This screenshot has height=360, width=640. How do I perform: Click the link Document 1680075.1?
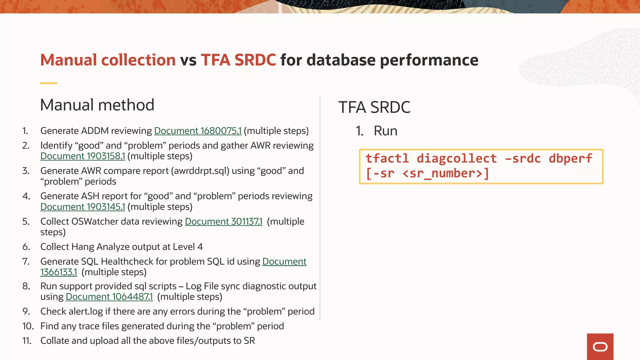coord(198,131)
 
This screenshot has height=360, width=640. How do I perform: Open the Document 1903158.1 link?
coord(82,156)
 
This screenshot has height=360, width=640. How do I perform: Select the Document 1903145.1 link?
coord(82,207)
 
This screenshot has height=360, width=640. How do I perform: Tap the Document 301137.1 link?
coord(223,221)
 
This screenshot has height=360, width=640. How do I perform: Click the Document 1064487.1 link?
coord(109,297)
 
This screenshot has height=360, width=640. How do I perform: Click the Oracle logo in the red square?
coord(600,347)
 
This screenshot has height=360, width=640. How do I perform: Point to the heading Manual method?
coord(97,105)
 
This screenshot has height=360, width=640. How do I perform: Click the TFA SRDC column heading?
coord(374,107)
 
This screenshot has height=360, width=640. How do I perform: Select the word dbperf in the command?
coord(570,158)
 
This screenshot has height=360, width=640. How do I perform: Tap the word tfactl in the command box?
coord(387,158)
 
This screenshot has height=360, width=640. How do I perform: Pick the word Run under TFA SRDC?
coord(385,131)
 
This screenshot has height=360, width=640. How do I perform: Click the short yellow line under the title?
coord(48,83)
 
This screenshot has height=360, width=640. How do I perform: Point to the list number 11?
coord(27,341)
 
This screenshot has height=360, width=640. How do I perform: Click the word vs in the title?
coord(188,60)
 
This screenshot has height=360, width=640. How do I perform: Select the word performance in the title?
coord(429,60)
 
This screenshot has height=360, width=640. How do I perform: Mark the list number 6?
coord(26,247)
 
